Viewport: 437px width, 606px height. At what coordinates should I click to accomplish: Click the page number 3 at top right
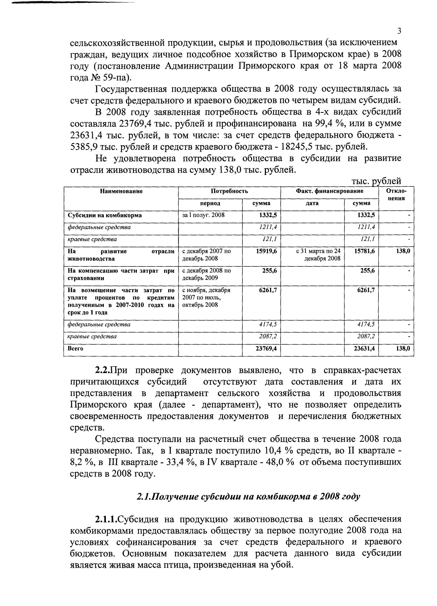(x=399, y=31)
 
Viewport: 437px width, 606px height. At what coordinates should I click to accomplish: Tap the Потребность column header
(x=229, y=191)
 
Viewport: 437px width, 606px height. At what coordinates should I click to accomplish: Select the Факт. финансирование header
(x=329, y=191)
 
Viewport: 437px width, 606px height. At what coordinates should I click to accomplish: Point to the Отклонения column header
(x=396, y=195)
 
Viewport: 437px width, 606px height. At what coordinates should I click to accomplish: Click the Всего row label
(x=76, y=349)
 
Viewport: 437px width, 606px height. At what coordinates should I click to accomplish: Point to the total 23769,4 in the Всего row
(x=266, y=349)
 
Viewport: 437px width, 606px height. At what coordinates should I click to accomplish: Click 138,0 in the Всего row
(x=403, y=349)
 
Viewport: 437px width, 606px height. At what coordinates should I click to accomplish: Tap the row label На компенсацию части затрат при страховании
(x=121, y=274)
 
